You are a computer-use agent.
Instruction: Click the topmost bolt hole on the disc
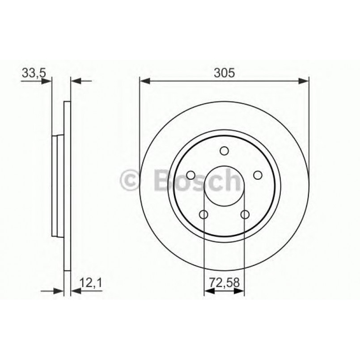[x=224, y=151]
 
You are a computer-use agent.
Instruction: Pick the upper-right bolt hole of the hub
[x=258, y=175]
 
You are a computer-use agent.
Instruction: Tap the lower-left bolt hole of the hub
[x=204, y=215]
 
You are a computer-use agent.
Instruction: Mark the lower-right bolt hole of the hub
[x=245, y=215]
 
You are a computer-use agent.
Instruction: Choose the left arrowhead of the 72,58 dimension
[x=208, y=292]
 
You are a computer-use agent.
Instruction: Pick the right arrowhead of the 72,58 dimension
[x=240, y=292]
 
